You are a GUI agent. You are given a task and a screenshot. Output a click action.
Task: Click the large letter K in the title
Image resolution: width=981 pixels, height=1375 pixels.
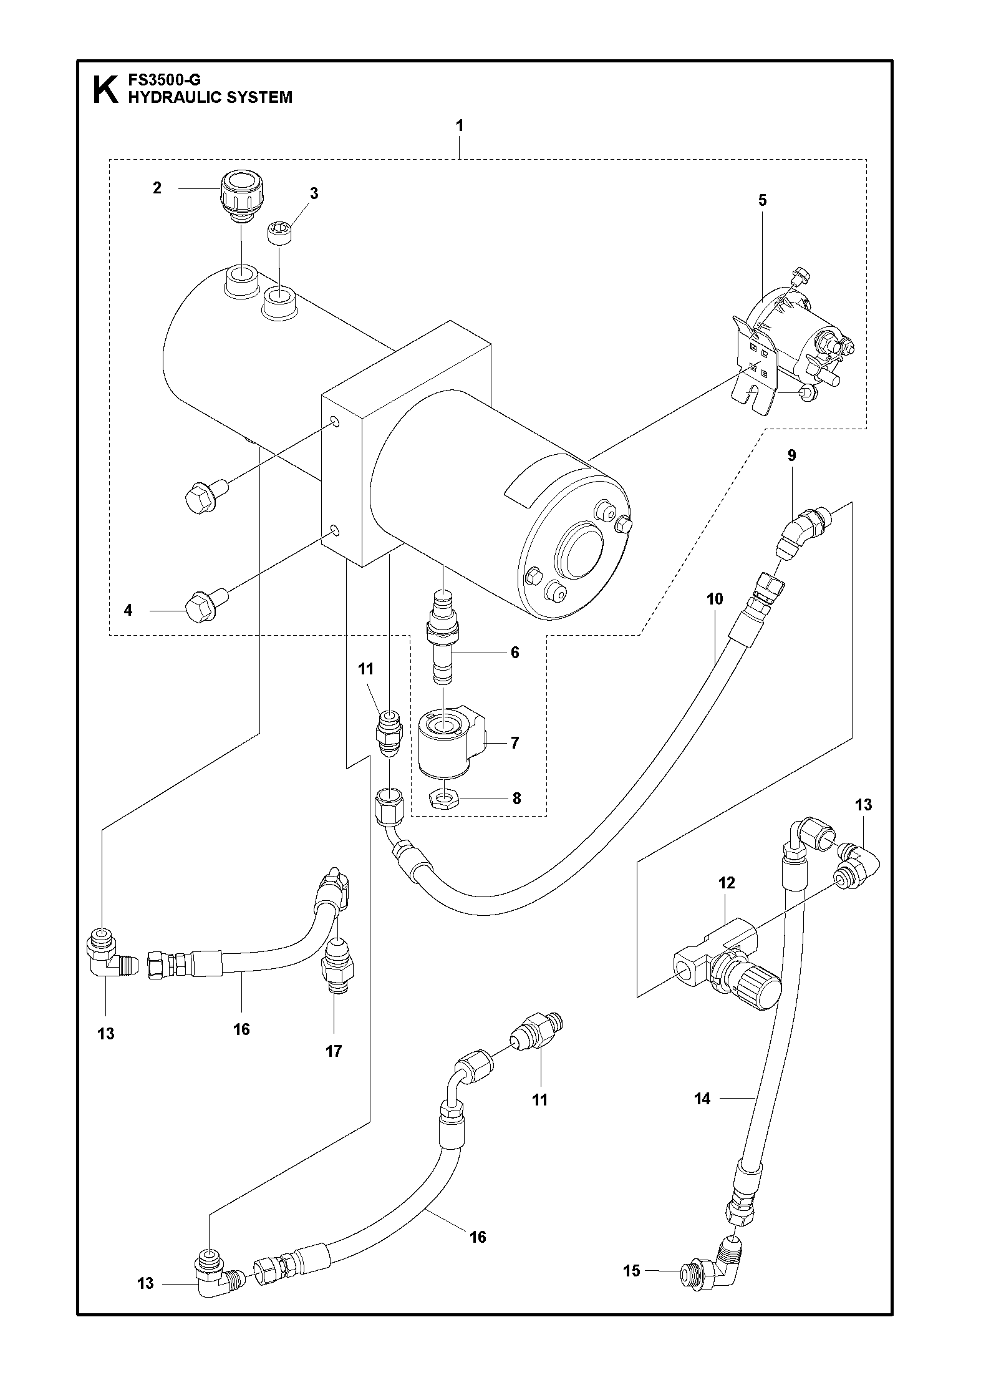coord(105,89)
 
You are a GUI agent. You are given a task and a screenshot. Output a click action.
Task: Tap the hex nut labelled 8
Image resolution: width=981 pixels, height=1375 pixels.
coord(442,799)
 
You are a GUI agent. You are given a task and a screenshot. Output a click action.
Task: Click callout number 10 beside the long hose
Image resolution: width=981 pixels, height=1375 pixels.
coord(715,600)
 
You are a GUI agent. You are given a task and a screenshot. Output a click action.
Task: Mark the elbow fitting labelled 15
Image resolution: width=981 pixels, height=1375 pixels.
coord(709,1253)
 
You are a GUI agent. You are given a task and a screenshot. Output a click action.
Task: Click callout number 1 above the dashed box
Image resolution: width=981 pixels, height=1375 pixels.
coord(459,125)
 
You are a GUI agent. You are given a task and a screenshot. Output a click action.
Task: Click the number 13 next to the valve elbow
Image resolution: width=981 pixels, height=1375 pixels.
coord(863,805)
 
